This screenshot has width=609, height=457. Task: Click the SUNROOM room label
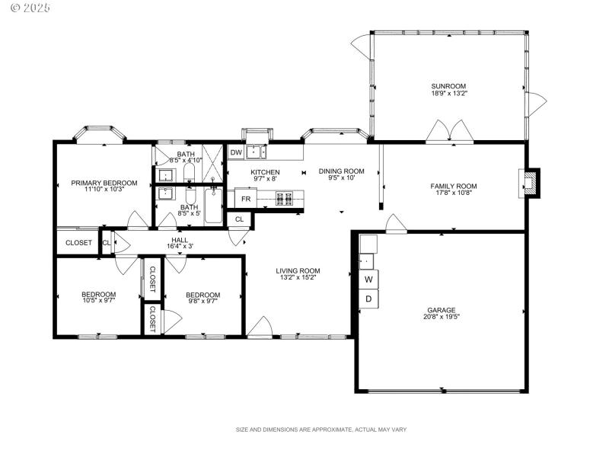pyautogui.click(x=448, y=86)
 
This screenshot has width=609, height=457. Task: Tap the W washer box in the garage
pyautogui.click(x=368, y=280)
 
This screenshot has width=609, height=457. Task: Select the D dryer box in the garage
pyautogui.click(x=368, y=299)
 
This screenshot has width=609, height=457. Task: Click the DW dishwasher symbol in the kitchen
pyautogui.click(x=236, y=153)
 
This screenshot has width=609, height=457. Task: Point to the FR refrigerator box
pyautogui.click(x=246, y=199)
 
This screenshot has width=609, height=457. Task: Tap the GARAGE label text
pyautogui.click(x=441, y=310)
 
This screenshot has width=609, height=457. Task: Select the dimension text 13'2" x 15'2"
pyautogui.click(x=298, y=278)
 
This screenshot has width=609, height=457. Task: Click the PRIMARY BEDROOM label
pyautogui.click(x=104, y=183)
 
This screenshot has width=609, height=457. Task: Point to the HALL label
pyautogui.click(x=180, y=239)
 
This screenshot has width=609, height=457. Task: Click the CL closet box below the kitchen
pyautogui.click(x=239, y=219)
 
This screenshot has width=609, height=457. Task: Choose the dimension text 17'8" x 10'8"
pyautogui.click(x=453, y=193)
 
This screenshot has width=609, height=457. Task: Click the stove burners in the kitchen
pyautogui.click(x=285, y=199)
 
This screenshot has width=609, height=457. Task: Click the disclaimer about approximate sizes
pyautogui.click(x=321, y=430)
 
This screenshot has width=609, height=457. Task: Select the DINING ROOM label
pyautogui.click(x=341, y=171)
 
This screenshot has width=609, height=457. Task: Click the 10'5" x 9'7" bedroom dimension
pyautogui.click(x=99, y=301)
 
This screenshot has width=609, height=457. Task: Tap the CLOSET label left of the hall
pyautogui.click(x=78, y=243)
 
